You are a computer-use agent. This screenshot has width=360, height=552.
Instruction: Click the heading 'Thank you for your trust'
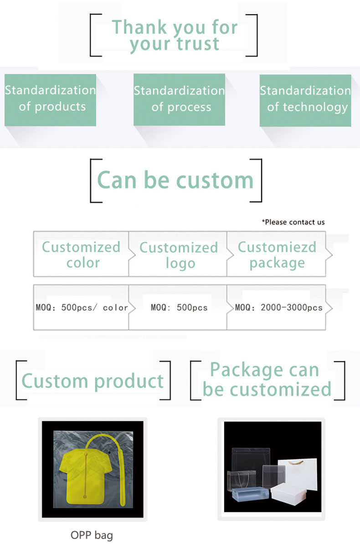coord(175,36)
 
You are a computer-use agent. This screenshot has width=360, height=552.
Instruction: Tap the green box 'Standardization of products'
coord(50,100)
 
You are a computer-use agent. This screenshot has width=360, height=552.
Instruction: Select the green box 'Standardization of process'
coord(179,100)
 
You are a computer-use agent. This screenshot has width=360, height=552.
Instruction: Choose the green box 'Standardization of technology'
coord(305,101)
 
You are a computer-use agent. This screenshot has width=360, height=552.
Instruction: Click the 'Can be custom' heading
coord(175,180)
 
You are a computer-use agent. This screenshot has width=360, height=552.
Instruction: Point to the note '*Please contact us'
coord(293,222)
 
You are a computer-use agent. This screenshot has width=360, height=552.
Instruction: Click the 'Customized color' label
coord(81,255)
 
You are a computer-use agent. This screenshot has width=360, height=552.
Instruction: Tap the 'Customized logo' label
coord(179,255)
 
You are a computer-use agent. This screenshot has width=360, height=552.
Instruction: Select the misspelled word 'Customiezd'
coord(277,247)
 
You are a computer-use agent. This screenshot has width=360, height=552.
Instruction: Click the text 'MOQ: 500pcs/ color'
coord(82,307)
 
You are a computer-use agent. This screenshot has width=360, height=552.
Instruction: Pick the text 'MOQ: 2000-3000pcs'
coord(278,307)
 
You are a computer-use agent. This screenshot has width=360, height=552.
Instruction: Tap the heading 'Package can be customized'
coord(267,380)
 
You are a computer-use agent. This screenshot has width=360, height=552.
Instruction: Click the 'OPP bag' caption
coord(92,536)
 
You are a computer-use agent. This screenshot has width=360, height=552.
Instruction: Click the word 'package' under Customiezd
coord(277,263)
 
